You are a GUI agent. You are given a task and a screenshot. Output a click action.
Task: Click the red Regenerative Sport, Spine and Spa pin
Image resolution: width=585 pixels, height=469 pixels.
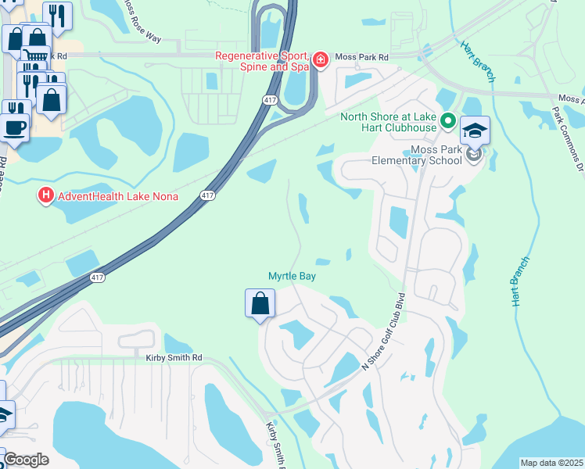click(x=319, y=60)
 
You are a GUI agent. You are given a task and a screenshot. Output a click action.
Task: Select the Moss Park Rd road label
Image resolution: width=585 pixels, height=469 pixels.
click(x=361, y=57)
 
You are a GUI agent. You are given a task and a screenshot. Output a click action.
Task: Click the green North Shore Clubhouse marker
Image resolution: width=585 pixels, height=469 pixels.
click(x=448, y=121)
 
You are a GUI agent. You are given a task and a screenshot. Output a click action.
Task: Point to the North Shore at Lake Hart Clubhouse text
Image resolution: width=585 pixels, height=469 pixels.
click(x=388, y=123)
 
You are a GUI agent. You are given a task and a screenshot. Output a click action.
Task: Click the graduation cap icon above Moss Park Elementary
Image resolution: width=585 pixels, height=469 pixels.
click(x=475, y=131)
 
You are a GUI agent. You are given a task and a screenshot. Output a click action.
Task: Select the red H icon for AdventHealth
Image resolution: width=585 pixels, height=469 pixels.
click(x=45, y=195)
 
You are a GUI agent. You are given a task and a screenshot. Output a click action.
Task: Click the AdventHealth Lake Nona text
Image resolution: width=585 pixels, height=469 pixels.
click(x=117, y=195)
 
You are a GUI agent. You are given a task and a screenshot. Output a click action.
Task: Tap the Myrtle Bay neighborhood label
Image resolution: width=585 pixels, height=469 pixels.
click(x=292, y=276)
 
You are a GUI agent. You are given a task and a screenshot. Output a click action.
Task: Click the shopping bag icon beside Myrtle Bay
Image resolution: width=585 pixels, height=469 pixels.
click(x=260, y=303)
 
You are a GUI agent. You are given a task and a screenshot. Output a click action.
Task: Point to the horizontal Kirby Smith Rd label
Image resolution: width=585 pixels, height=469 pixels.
click(x=174, y=357)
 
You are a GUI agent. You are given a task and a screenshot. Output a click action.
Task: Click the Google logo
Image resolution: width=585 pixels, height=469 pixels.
click(x=27, y=459)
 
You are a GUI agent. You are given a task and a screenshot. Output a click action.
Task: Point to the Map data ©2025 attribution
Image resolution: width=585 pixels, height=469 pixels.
click(x=551, y=463)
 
